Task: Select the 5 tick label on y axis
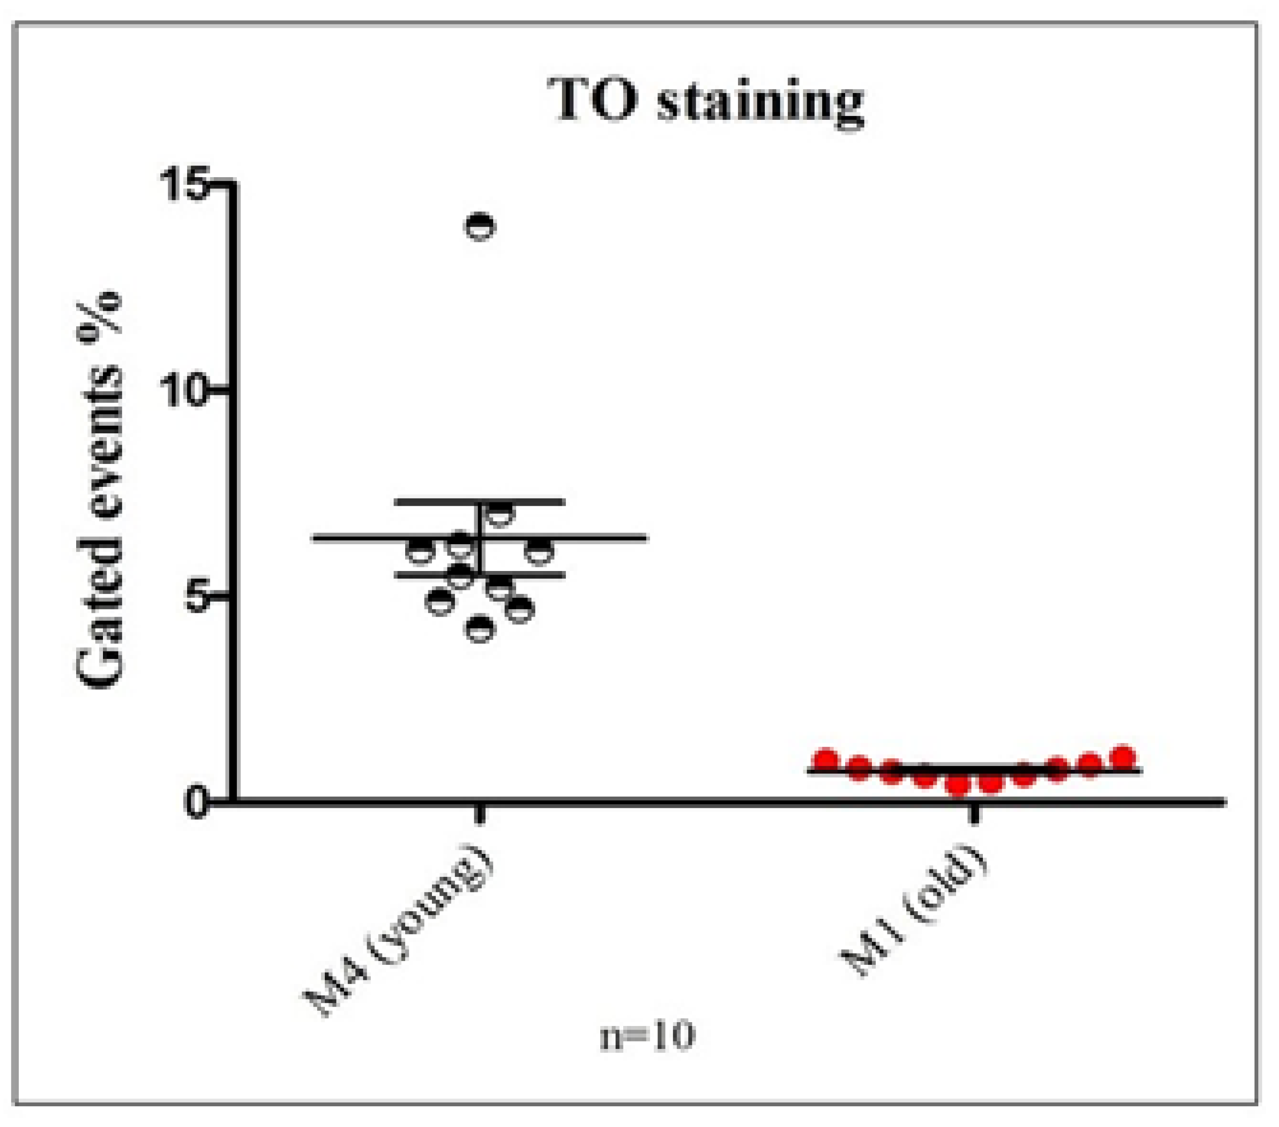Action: pyautogui.click(x=199, y=596)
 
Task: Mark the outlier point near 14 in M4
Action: pyautogui.click(x=480, y=226)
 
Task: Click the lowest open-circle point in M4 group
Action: pyautogui.click(x=480, y=629)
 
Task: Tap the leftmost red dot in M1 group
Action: pyautogui.click(x=826, y=759)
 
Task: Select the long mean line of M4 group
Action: pyautogui.click(x=595, y=538)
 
